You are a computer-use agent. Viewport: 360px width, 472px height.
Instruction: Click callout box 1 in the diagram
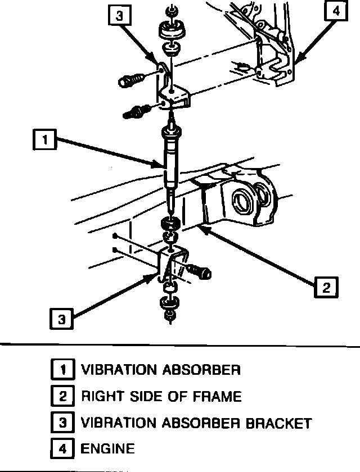pyautogui.click(x=44, y=139)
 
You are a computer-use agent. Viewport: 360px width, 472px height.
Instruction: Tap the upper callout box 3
pyautogui.click(x=119, y=16)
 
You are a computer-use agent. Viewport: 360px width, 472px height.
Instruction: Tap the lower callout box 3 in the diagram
pyautogui.click(x=61, y=319)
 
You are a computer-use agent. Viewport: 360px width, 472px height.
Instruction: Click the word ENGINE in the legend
pyautogui.click(x=108, y=448)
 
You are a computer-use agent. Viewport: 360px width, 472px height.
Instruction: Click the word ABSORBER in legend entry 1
pyautogui.click(x=200, y=370)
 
